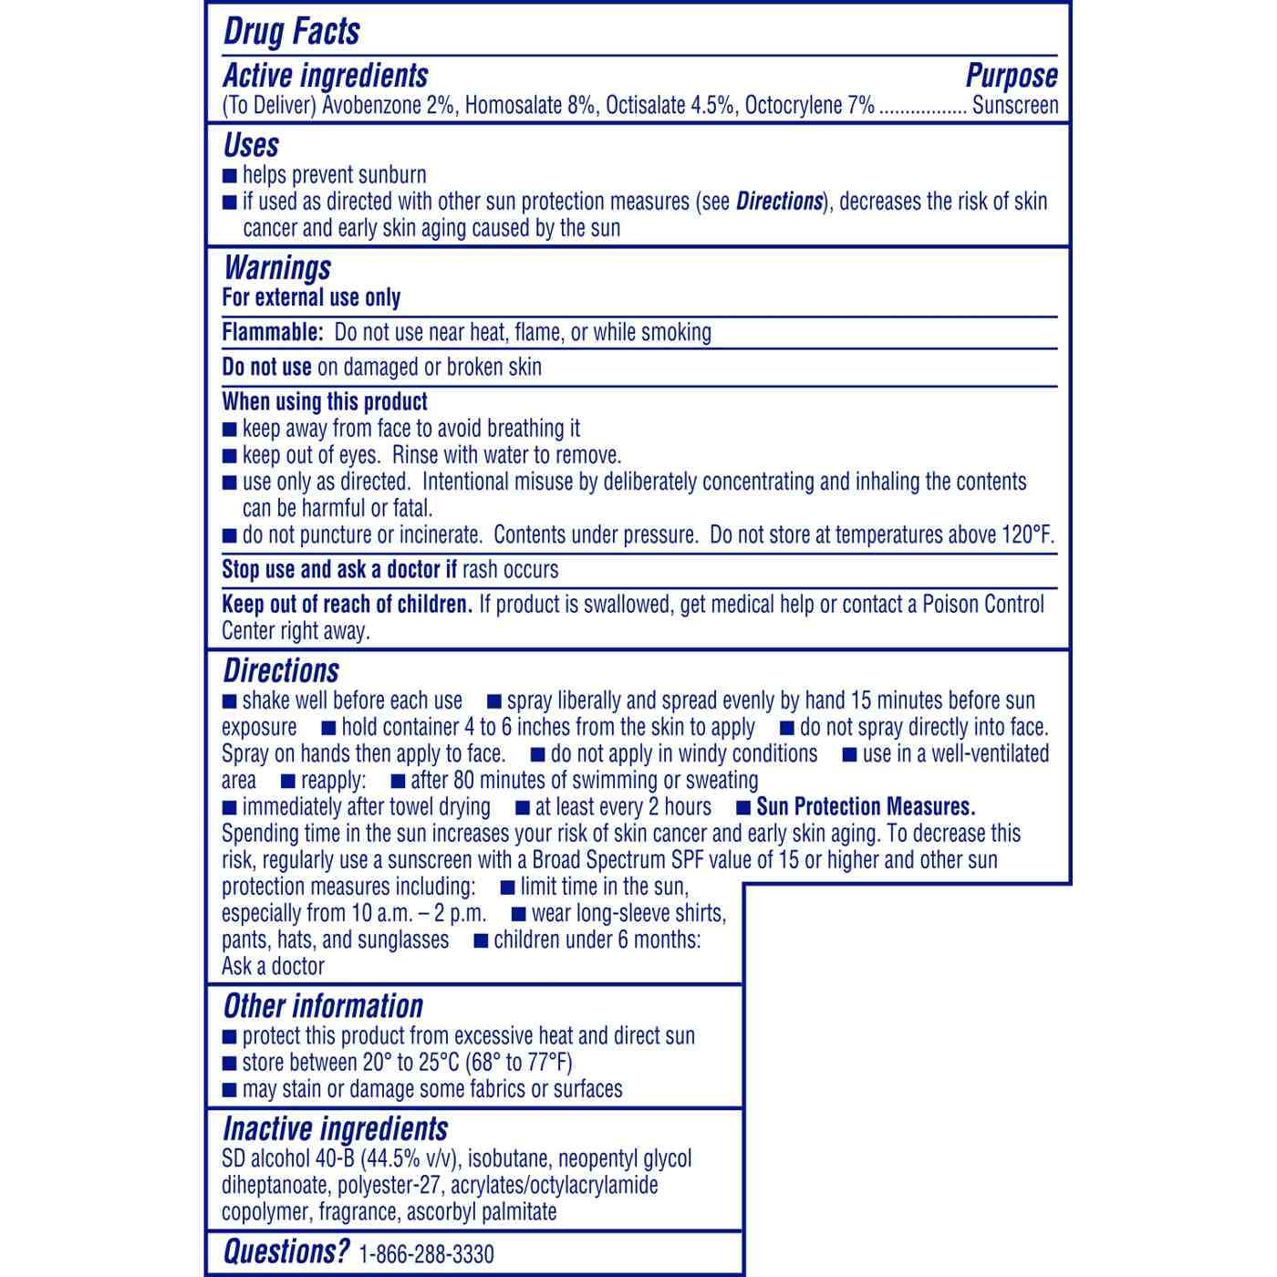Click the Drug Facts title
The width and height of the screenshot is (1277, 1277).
pyautogui.click(x=292, y=32)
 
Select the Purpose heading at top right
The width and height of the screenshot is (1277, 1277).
pyautogui.click(x=1012, y=76)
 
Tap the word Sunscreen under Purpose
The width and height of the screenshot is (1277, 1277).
pyautogui.click(x=1015, y=106)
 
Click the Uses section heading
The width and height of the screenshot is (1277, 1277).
pyautogui.click(x=251, y=146)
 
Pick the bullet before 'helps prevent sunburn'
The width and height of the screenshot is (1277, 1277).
pyautogui.click(x=230, y=176)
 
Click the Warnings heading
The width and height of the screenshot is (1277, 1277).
pyautogui.click(x=277, y=268)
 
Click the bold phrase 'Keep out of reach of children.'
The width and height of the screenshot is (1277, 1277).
pyautogui.click(x=347, y=605)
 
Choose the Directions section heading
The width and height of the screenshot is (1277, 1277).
pyautogui.click(x=281, y=671)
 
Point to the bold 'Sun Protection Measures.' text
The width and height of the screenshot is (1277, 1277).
pyautogui.click(x=866, y=807)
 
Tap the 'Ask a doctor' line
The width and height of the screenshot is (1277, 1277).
pyautogui.click(x=273, y=967)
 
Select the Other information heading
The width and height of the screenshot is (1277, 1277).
pyautogui.click(x=323, y=1007)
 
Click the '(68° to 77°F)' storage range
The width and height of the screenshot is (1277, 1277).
pyautogui.click(x=519, y=1064)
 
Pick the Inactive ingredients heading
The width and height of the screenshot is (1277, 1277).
pyautogui.click(x=336, y=1129)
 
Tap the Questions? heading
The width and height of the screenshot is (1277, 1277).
pyautogui.click(x=286, y=1252)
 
